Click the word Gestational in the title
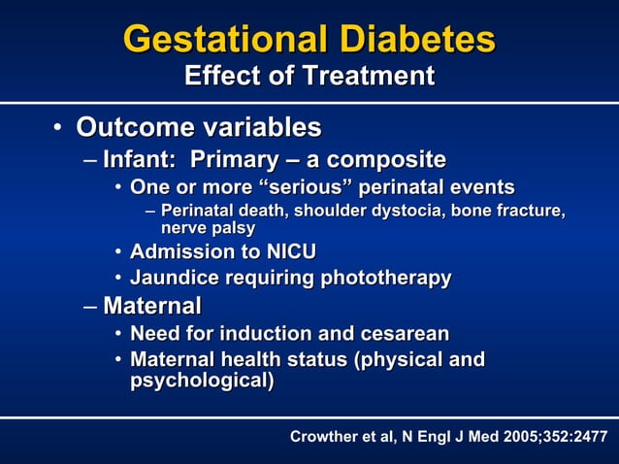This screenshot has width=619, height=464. click(x=225, y=39)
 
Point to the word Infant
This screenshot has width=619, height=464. click(x=137, y=159)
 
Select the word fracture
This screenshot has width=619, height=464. click(x=528, y=211)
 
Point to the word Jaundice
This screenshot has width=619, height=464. click(x=174, y=279)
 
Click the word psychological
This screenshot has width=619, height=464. click(x=201, y=381)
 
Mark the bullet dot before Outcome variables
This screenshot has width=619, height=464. click(x=58, y=128)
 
